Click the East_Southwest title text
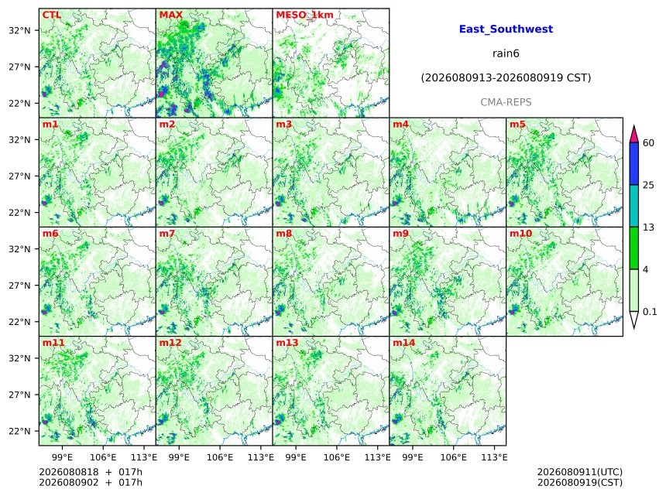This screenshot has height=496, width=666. [506, 29]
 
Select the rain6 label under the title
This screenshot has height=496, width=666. [506, 53]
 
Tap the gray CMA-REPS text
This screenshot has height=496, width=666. [506, 102]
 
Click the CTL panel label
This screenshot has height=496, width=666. [51, 15]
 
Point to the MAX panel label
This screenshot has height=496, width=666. [170, 15]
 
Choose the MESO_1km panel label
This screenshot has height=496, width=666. [304, 15]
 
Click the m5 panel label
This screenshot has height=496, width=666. [517, 125]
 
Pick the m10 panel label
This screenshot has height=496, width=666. [520, 234]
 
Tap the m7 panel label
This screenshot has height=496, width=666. [167, 234]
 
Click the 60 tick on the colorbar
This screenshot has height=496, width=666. [648, 142]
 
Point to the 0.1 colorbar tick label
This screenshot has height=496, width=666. [650, 312]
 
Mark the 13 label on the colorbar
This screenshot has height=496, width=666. [648, 227]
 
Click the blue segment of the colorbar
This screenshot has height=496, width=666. [633, 163]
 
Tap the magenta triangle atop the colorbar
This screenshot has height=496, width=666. [633, 135]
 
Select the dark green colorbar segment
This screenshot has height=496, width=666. [633, 248]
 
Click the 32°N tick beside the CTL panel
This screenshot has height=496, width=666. [19, 30]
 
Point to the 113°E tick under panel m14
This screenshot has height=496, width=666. [494, 457]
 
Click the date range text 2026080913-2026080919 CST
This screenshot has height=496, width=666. [506, 78]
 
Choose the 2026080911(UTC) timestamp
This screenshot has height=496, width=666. [580, 472]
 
